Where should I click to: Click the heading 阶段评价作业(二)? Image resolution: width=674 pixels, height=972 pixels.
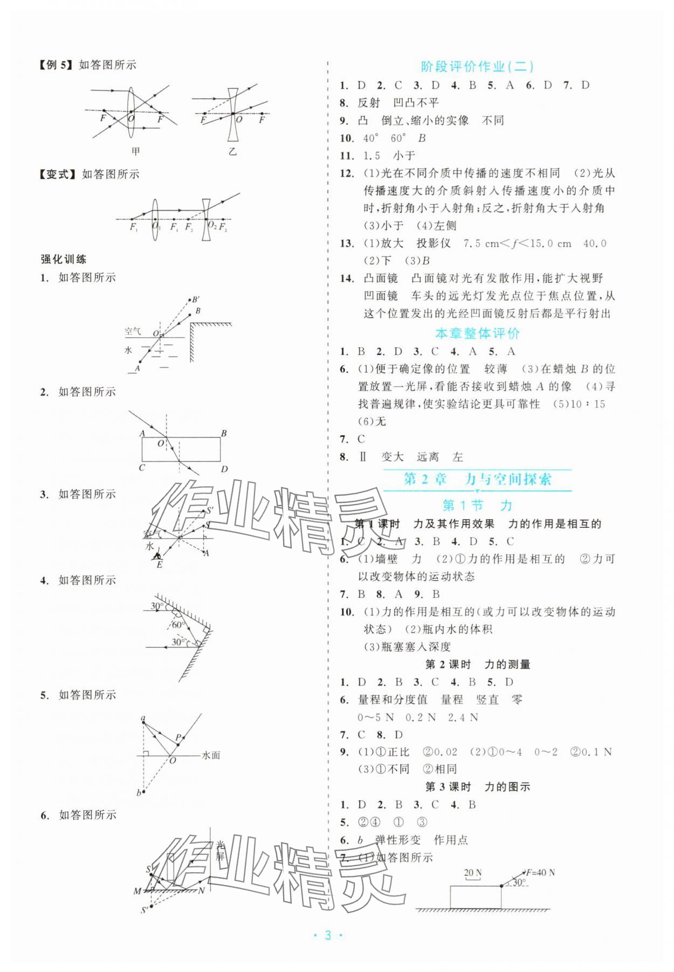[477, 67]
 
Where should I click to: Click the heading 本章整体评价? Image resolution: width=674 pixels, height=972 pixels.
[477, 334]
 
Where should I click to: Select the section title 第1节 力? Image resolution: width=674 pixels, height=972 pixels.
[477, 506]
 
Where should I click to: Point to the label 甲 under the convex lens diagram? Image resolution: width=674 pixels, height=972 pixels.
[135, 151]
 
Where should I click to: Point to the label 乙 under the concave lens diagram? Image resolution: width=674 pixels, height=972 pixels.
[232, 152]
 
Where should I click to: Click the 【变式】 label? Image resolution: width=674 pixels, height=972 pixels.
[59, 174]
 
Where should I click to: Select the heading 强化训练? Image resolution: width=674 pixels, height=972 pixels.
[64, 260]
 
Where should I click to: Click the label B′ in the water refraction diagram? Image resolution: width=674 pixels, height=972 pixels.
[196, 300]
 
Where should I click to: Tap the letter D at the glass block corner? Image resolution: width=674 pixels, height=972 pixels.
[224, 469]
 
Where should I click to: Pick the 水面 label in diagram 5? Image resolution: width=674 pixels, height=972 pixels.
[211, 756]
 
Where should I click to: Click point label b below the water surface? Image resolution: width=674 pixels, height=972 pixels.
[139, 792]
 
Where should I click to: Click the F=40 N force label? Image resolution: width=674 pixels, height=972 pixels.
[541, 873]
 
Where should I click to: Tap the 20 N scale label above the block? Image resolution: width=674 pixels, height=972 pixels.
[472, 873]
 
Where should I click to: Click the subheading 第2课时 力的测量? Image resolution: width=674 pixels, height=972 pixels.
[478, 665]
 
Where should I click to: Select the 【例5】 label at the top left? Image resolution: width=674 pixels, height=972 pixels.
[56, 65]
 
